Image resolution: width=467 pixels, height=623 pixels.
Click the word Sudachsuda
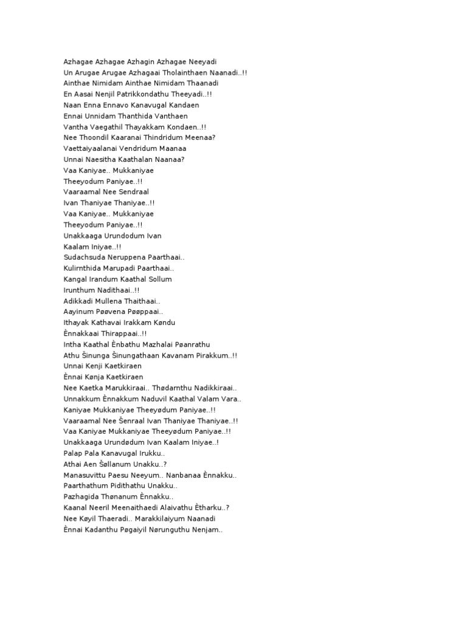[83, 257]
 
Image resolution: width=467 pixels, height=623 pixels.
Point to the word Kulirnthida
[83, 268]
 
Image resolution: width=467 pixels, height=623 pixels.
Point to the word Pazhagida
[82, 497]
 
